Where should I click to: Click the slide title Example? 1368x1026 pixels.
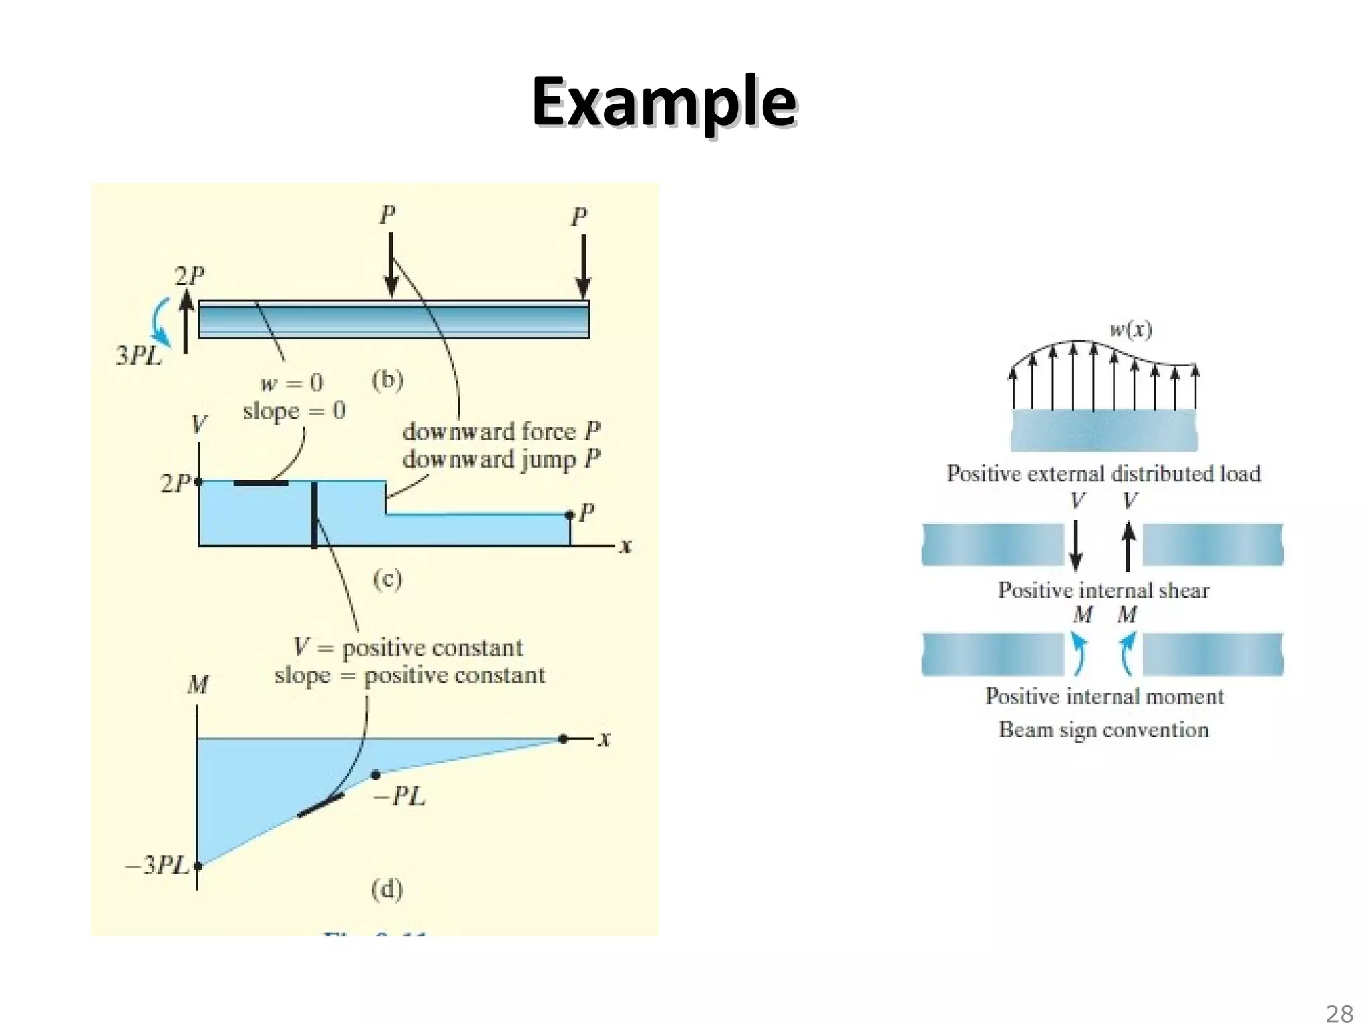coord(664,102)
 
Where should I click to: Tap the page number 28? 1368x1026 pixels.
coord(1339,1013)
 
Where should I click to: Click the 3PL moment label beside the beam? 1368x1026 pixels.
coord(139,355)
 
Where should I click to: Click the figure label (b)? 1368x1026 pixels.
coord(387,380)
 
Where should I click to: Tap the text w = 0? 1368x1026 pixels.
coord(292,383)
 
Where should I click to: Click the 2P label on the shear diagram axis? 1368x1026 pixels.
coord(175,483)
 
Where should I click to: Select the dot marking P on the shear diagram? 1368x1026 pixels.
coord(569,514)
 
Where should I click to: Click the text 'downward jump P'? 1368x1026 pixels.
coord(501,460)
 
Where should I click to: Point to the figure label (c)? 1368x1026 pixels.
coord(387,578)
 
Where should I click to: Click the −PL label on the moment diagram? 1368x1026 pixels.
coord(399,796)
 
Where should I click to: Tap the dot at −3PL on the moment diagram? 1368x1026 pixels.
coord(198,866)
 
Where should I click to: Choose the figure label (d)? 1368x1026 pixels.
coord(387,889)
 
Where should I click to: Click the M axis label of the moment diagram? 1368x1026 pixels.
coord(198,685)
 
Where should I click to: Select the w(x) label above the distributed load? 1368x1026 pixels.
coord(1130,329)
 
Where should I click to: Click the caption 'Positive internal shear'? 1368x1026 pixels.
coord(1103,590)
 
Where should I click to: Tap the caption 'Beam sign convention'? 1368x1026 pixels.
coord(1103,729)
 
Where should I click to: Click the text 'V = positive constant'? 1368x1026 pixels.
coord(408,647)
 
